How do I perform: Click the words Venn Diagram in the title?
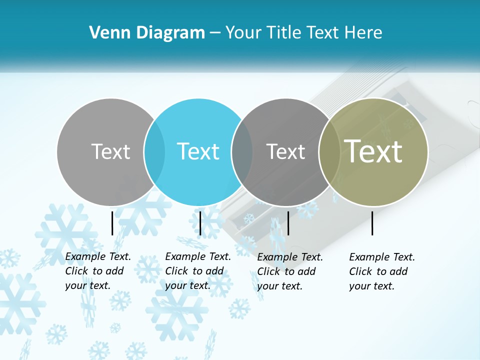tap(147, 33)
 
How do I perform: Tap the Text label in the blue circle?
tap(198, 151)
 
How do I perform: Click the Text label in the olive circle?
tap(373, 151)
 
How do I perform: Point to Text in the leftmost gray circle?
tap(110, 151)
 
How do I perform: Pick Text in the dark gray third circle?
tap(285, 151)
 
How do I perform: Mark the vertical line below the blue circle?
tap(200, 223)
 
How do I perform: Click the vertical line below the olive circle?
tap(372, 223)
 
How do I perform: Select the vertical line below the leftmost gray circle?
tap(112, 223)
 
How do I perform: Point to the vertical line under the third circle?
tap(288, 223)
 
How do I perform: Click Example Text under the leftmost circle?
tap(98, 256)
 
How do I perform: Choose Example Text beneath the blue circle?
tap(198, 256)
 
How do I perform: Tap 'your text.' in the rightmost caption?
tap(371, 286)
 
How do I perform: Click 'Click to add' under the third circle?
tap(286, 271)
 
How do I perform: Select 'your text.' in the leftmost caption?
tap(87, 285)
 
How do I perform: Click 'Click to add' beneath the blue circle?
tap(194, 271)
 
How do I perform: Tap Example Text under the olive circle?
tap(382, 257)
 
